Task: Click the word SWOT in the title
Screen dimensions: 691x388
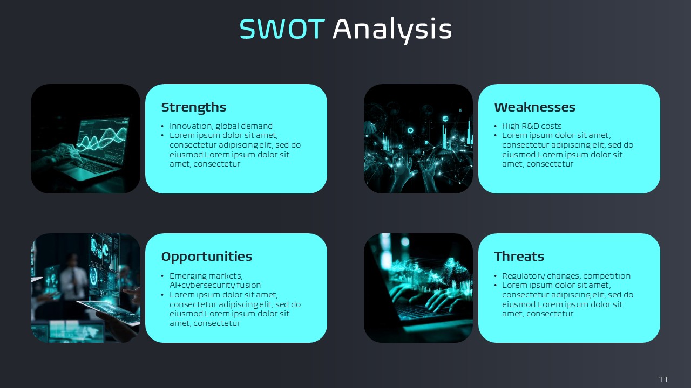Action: coord(282,29)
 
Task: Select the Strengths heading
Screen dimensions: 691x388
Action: coord(193,107)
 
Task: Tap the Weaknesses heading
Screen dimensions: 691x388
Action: coord(534,107)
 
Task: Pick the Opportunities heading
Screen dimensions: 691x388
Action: coord(206,257)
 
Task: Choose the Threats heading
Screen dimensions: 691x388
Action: coord(519,257)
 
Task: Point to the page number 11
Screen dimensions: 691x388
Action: coord(663,379)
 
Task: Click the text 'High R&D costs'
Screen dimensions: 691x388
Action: coord(532,126)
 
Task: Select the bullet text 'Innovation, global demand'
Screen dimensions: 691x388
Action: coord(221,126)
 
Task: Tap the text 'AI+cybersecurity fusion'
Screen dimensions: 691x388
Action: coord(215,285)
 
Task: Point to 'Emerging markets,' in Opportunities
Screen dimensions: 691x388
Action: coord(206,276)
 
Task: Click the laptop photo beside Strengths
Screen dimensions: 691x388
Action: coord(85,138)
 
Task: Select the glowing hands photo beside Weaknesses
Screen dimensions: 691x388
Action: coord(418,138)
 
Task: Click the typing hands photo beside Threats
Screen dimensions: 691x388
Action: coord(418,288)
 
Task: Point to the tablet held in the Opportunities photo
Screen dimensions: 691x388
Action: coord(110,312)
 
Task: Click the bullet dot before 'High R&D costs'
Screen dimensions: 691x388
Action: coord(496,126)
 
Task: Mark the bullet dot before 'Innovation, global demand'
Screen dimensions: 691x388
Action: coord(162,126)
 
